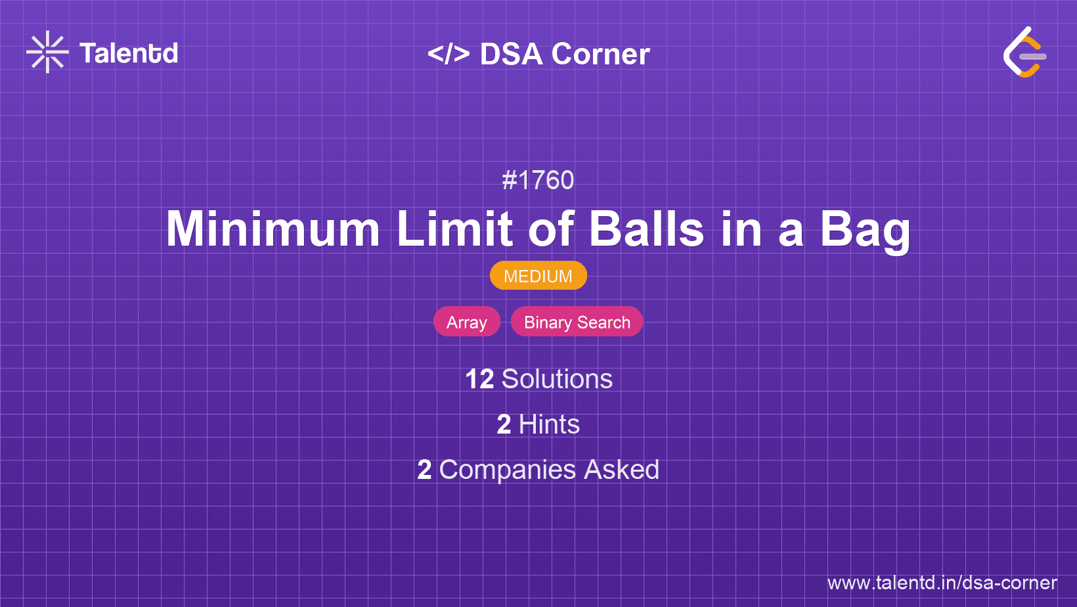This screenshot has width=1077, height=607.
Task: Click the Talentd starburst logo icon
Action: [x=47, y=52]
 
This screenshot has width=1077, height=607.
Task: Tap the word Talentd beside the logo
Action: [x=129, y=53]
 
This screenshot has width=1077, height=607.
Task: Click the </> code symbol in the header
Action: [x=448, y=54]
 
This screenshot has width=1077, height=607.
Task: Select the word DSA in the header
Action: [x=511, y=54]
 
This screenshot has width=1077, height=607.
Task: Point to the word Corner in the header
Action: [x=600, y=54]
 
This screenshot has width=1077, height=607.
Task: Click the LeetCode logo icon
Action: [x=1024, y=52]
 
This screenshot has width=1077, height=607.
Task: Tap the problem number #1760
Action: [x=538, y=181]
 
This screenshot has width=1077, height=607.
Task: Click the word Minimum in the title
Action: [x=273, y=229]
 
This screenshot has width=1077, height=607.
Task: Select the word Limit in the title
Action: [x=454, y=229]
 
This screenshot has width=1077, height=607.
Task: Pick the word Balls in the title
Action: [x=646, y=229]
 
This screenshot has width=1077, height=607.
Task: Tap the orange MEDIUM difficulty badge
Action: [x=538, y=276]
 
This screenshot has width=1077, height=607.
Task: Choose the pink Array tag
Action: [x=467, y=322]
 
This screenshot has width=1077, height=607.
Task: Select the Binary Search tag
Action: [x=577, y=322]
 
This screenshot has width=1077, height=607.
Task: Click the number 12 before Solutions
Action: [x=479, y=379]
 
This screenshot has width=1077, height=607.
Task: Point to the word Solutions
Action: [x=558, y=379]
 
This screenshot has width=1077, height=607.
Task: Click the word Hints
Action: [x=549, y=424]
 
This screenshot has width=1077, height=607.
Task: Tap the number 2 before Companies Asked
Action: [x=424, y=470]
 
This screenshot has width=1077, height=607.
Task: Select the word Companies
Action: [x=507, y=470]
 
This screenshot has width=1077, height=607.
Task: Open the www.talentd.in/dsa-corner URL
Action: [x=942, y=583]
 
